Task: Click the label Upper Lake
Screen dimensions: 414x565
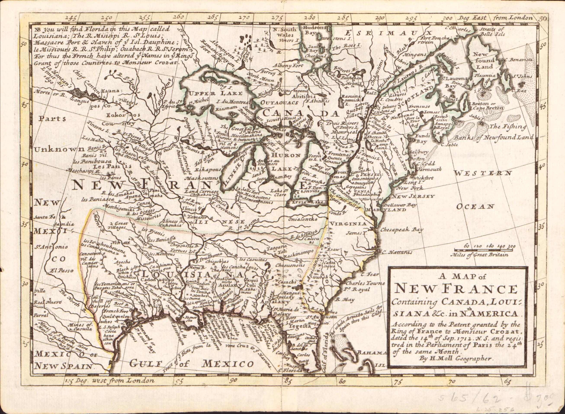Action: [216, 93]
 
